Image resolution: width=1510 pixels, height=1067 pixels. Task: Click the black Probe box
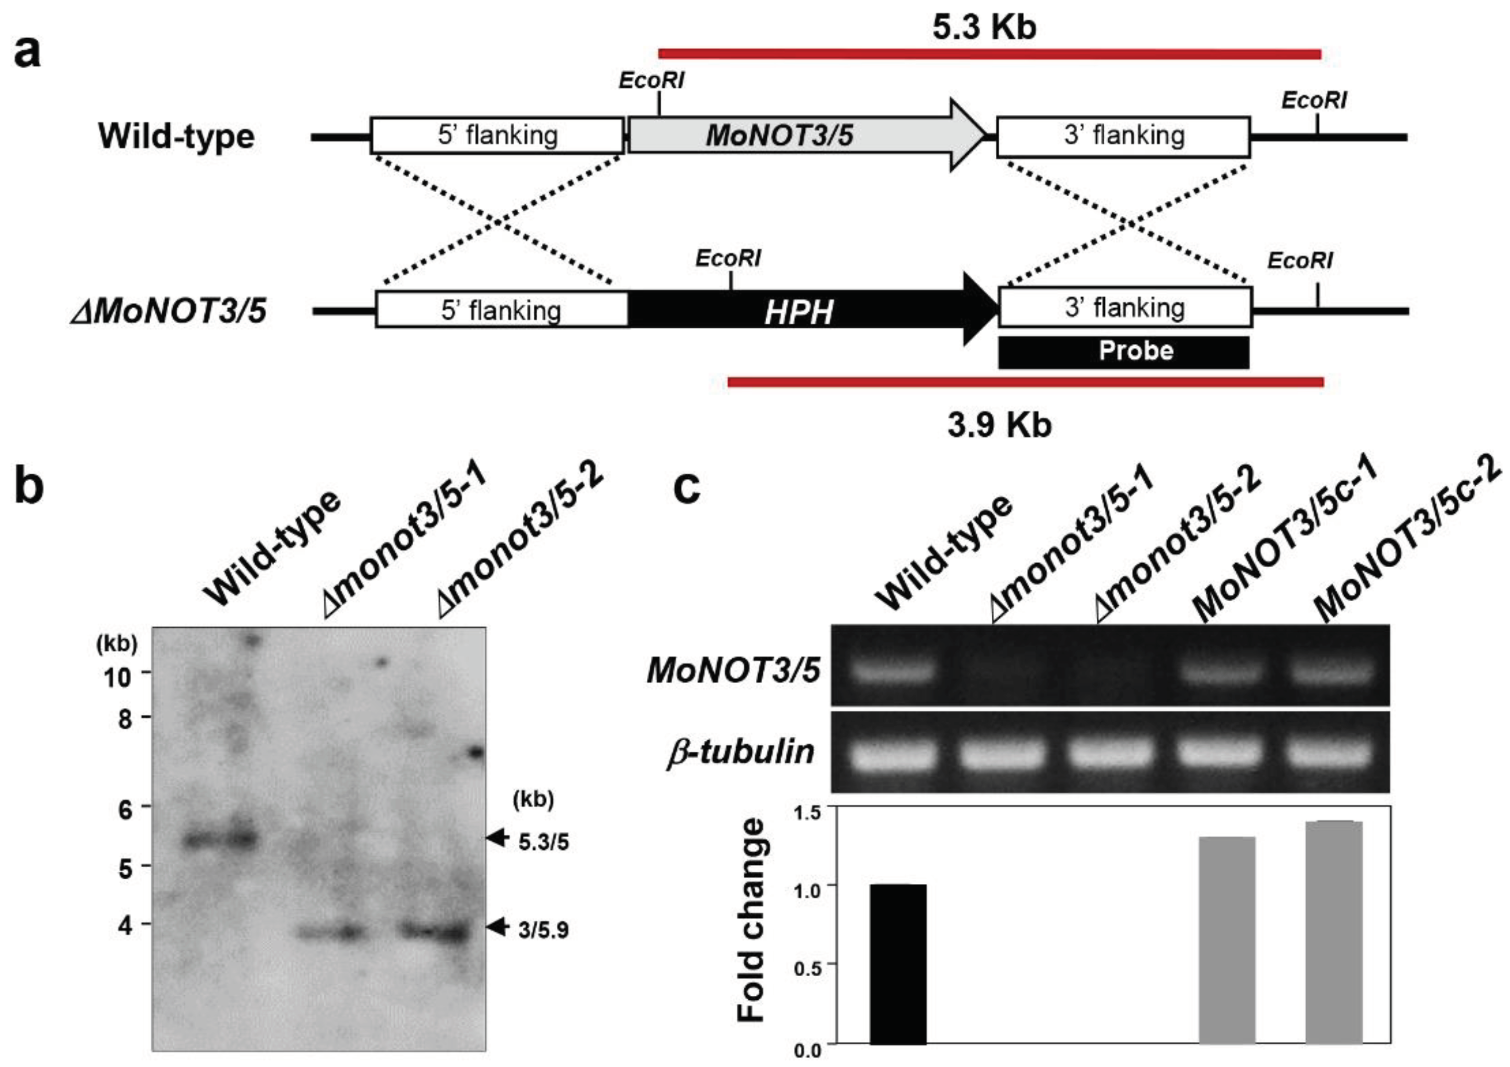(x=1123, y=352)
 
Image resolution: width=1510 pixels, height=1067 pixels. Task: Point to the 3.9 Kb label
(x=999, y=426)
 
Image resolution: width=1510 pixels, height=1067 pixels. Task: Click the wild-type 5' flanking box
(x=497, y=136)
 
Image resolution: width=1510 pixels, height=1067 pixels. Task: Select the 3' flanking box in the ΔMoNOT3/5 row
(x=1125, y=308)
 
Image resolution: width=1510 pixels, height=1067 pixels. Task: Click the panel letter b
(x=29, y=487)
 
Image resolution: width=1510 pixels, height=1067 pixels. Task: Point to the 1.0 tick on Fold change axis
(x=807, y=890)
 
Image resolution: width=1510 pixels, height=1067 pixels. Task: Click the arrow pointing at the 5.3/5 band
(x=498, y=838)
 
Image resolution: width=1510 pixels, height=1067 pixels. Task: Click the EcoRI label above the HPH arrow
(x=728, y=258)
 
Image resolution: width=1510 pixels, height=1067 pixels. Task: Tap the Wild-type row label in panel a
(x=176, y=136)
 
